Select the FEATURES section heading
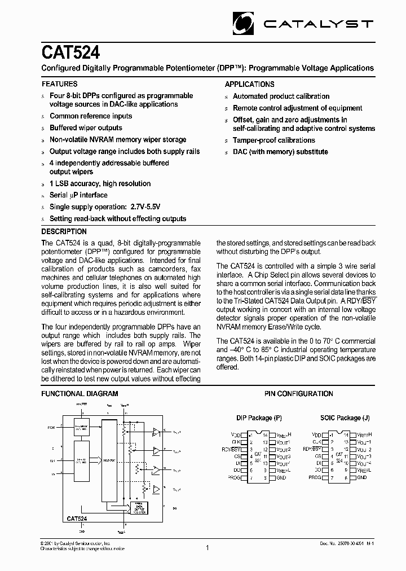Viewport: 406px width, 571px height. pyautogui.click(x=60, y=84)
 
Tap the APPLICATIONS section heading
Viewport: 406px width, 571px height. pyautogui.click(x=250, y=84)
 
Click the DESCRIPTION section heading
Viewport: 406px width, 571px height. pyautogui.click(x=64, y=231)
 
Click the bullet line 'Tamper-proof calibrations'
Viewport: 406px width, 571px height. pyautogui.click(x=274, y=140)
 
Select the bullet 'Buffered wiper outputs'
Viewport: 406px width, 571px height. pyautogui.click(x=86, y=128)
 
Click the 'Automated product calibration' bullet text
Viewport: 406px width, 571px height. pyautogui.click(x=281, y=96)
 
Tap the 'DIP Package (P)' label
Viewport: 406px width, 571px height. pyautogui.click(x=259, y=418)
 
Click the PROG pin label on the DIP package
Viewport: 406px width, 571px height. pyautogui.click(x=233, y=477)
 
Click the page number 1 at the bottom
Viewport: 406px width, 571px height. pyautogui.click(x=208, y=547)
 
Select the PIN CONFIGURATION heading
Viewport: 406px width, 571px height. pyautogui.click(x=298, y=393)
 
